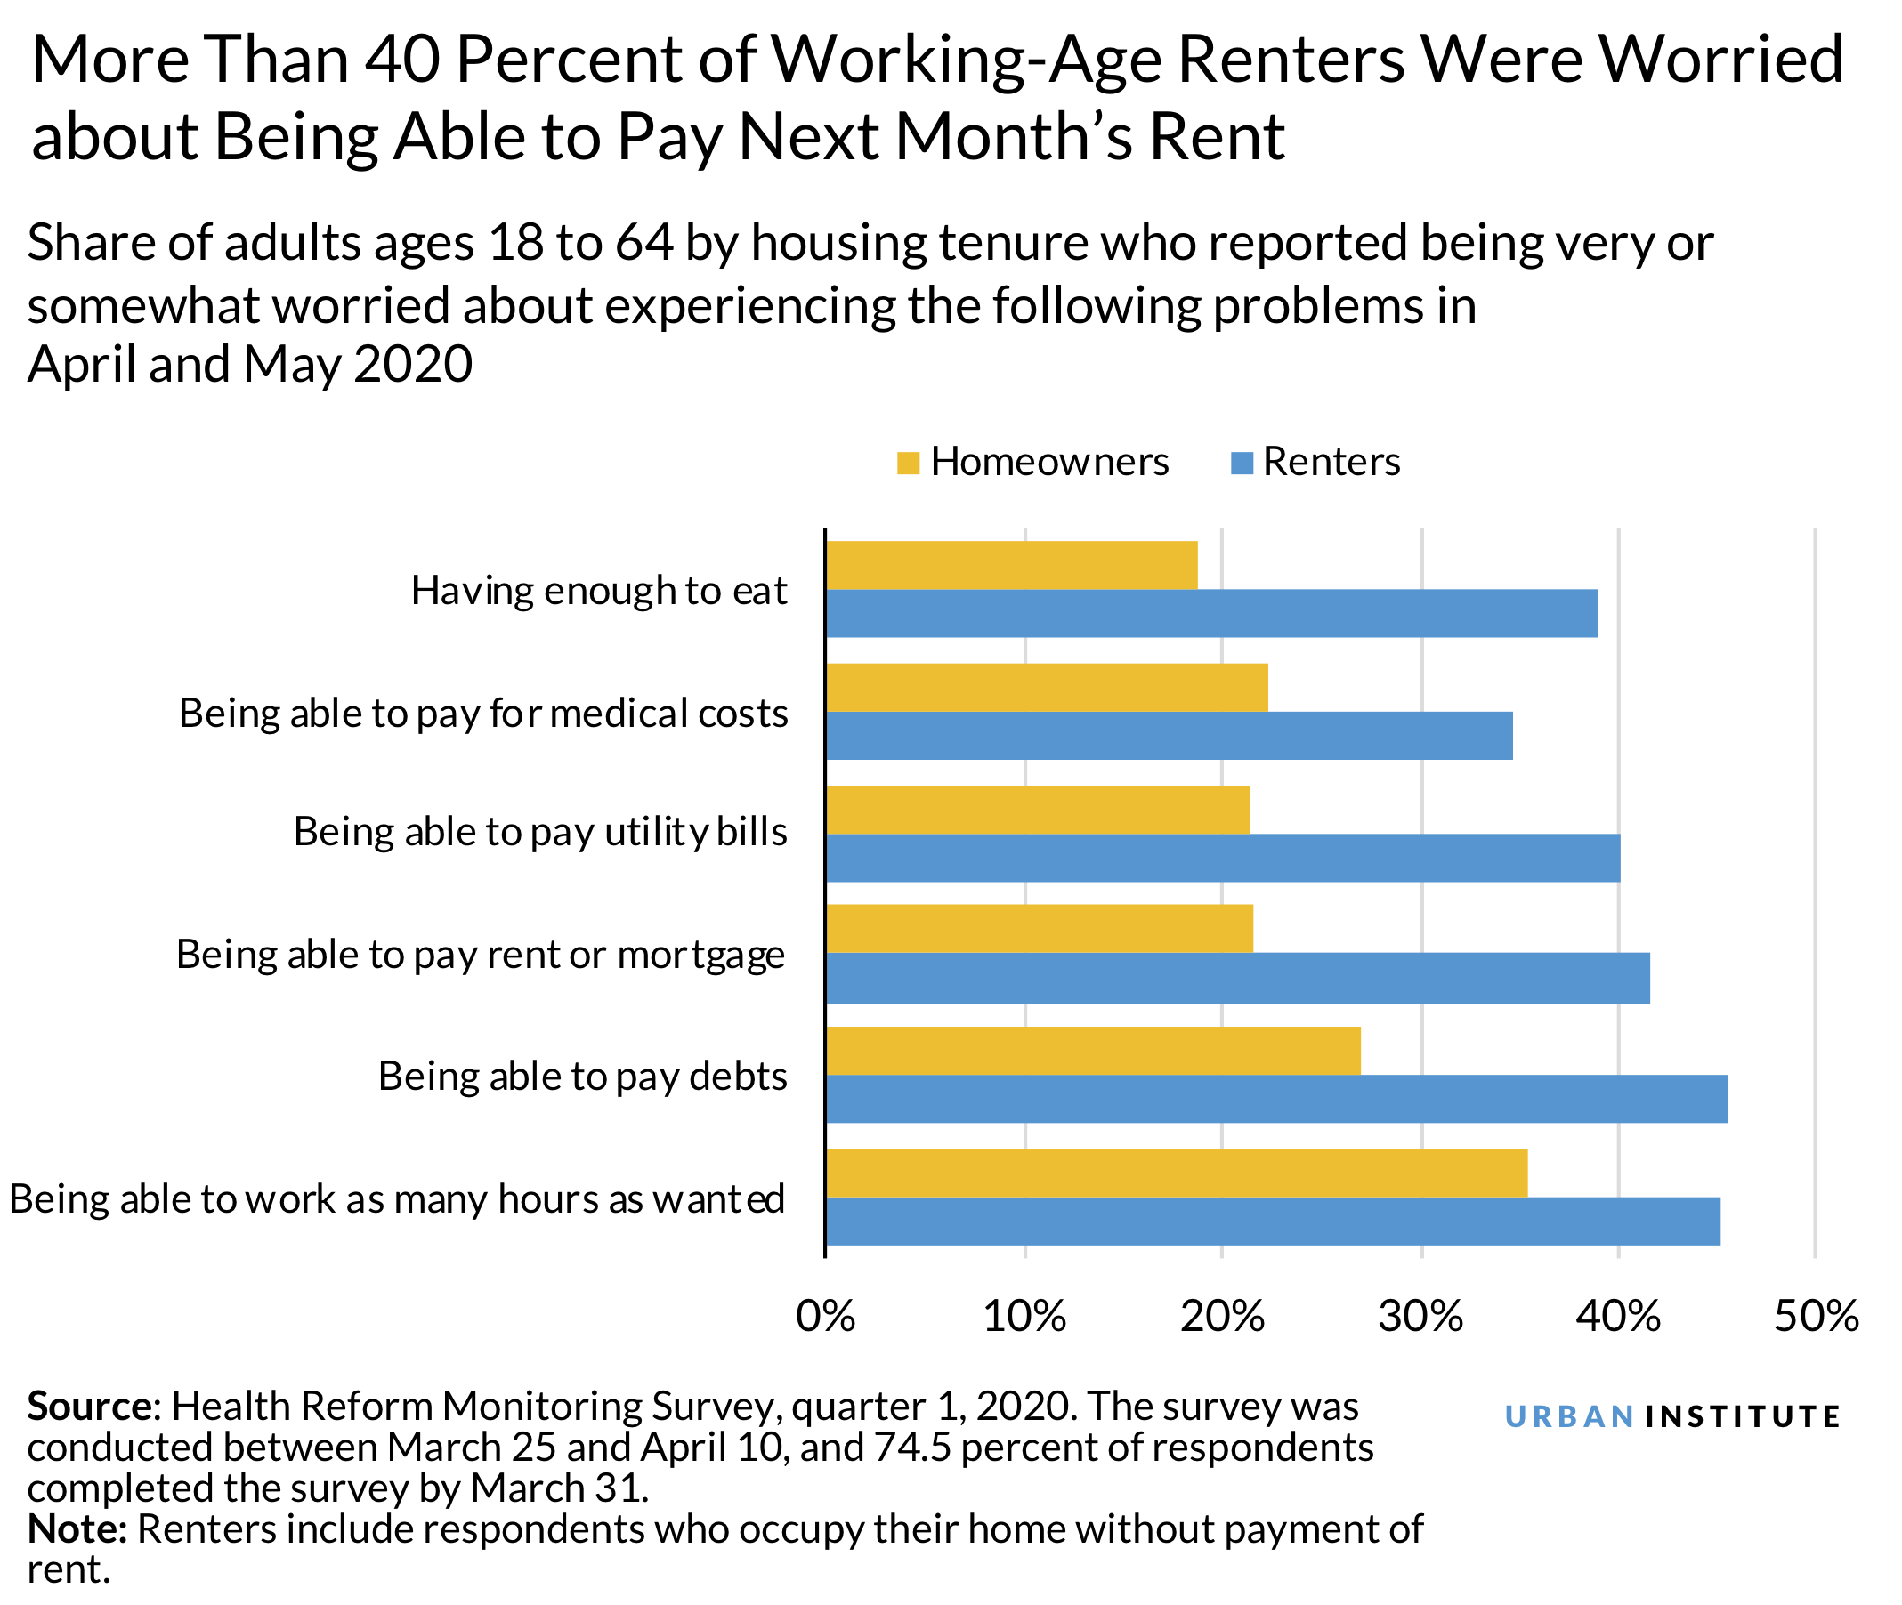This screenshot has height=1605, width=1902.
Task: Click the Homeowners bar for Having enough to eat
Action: coord(1011,565)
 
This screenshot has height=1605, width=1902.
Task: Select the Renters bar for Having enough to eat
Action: coord(1211,613)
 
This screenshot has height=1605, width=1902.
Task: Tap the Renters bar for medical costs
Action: coord(1169,735)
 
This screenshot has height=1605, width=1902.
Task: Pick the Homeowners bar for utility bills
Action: coord(1038,810)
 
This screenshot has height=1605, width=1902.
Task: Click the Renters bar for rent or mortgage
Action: coord(1238,979)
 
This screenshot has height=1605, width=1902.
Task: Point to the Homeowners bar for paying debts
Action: coord(1093,1051)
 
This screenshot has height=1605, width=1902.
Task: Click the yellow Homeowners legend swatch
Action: coord(907,464)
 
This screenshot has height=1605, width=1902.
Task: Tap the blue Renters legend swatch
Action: coord(1242,464)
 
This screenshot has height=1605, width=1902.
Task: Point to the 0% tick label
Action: coord(825,1317)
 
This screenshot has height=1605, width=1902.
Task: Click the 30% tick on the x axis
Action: coord(1420,1317)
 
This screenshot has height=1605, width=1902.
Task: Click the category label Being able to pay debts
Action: coord(582,1077)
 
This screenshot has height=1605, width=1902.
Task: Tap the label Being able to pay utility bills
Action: coord(540,832)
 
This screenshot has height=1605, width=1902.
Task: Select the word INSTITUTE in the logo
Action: coord(1744,1416)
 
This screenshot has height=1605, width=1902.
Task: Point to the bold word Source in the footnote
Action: coord(89,1407)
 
